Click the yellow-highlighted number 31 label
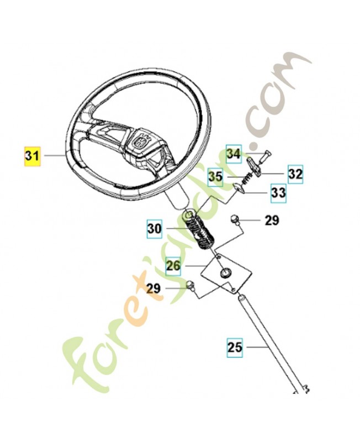pos(32,156)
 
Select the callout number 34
pos(234,154)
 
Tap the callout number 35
pos(215,177)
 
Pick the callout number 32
pos(295,174)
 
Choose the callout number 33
pos(278,193)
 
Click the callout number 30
pos(155,229)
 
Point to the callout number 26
pos(173,266)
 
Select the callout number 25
pos(235,347)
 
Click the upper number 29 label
pos(272,220)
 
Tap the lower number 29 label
pos(153,288)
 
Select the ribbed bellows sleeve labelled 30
pos(200,229)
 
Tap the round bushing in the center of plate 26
pos(226,272)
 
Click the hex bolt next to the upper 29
pos(235,219)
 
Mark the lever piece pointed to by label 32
pos(255,166)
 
